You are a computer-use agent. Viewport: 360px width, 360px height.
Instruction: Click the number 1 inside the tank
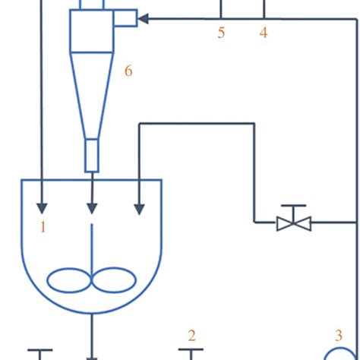[x=43, y=226]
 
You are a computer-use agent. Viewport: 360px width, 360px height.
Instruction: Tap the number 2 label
[x=191, y=335]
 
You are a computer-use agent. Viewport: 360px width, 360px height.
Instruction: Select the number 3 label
[x=339, y=335]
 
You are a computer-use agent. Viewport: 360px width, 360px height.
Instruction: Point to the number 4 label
[x=264, y=33]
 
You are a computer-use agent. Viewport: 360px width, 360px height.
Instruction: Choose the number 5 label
[x=221, y=33]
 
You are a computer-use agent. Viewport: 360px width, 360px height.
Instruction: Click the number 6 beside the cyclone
[x=128, y=71]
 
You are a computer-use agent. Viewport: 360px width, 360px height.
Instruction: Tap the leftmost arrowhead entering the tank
[x=43, y=207]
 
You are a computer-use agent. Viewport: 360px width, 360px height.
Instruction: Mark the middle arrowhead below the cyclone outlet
[x=92, y=207]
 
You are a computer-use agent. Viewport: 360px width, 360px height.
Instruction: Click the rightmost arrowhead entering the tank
[x=139, y=207]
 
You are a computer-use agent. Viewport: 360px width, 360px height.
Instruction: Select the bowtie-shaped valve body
[x=293, y=223]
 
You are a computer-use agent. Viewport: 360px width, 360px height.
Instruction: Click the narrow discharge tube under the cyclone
[x=92, y=155]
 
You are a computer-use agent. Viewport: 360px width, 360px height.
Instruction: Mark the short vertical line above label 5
[x=221, y=8]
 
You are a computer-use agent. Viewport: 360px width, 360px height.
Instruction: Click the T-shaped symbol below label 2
[x=191, y=352]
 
